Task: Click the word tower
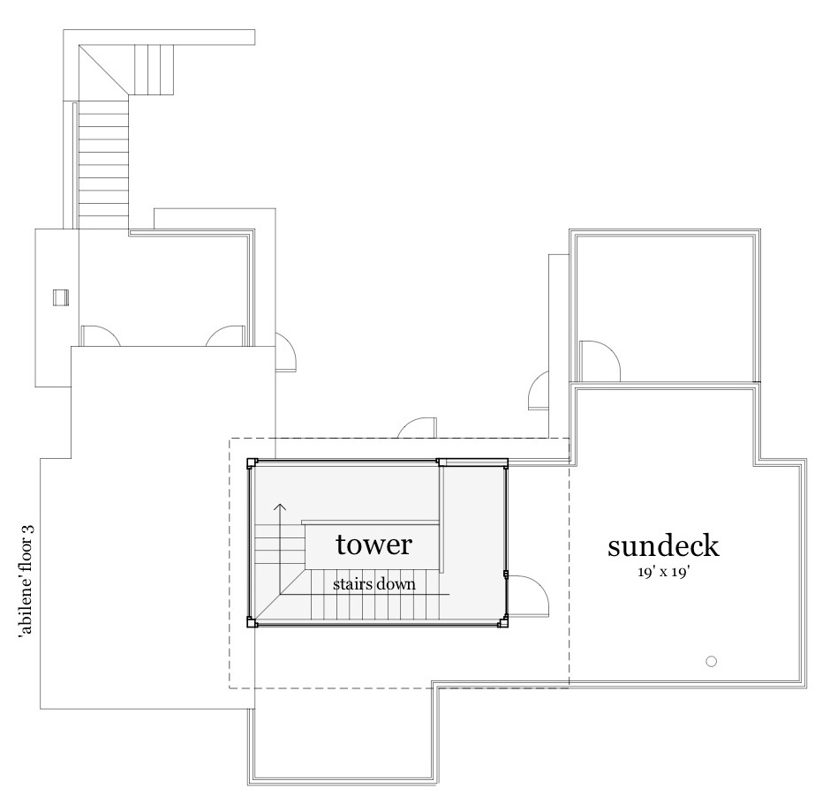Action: (x=373, y=544)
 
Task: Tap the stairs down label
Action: (x=373, y=583)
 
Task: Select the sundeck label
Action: (x=663, y=545)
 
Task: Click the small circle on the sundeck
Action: (x=711, y=661)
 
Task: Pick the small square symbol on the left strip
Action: (x=59, y=297)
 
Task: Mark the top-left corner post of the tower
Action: (x=252, y=462)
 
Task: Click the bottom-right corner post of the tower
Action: (x=504, y=623)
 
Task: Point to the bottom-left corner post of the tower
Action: (x=252, y=623)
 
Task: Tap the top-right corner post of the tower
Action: (x=505, y=462)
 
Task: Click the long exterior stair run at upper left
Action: (x=104, y=163)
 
